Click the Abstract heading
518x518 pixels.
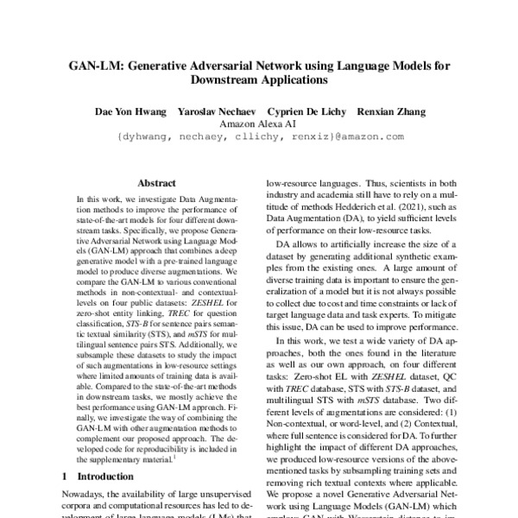tap(156, 183)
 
